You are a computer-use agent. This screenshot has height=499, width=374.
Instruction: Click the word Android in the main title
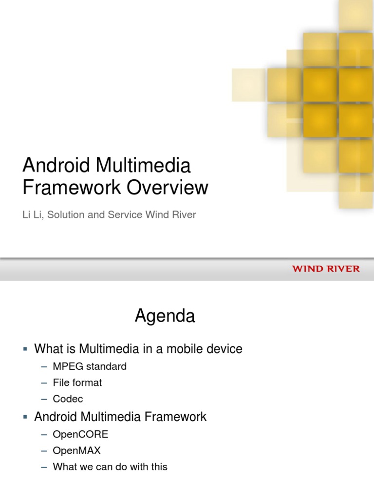click(52, 166)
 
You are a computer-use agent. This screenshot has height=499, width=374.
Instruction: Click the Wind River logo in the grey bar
click(326, 269)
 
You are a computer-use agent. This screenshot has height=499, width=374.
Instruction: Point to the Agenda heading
click(165, 317)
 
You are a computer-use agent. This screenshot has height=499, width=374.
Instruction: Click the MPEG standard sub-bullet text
click(90, 366)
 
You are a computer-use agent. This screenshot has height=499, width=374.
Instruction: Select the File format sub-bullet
click(77, 383)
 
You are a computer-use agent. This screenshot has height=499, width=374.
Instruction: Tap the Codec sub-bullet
click(68, 399)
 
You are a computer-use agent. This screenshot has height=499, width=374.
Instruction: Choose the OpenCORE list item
click(80, 434)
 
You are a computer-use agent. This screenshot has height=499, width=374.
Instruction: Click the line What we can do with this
click(110, 466)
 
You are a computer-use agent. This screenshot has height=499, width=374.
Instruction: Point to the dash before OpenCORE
click(44, 435)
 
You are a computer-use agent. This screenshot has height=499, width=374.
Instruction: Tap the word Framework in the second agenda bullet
click(178, 417)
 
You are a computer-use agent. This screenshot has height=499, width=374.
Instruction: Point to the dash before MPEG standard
click(44, 367)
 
